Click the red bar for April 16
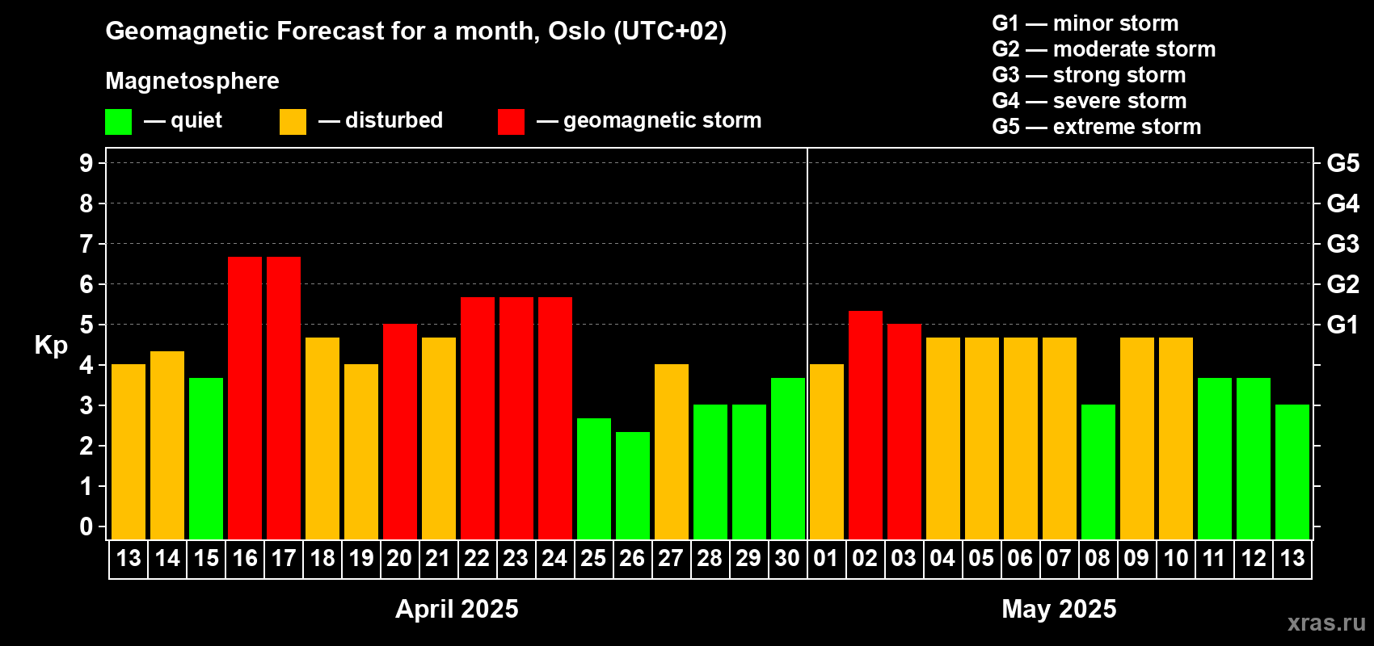[245, 398]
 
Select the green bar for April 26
[632, 485]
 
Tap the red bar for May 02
[866, 425]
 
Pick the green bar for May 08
[1098, 472]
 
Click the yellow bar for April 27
[672, 451]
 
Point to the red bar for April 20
[400, 431]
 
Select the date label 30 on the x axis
[787, 558]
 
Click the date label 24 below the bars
[554, 558]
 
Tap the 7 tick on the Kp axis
[86, 244]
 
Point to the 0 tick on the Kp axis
[86, 526]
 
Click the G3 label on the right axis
[1343, 244]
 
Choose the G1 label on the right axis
[1343, 325]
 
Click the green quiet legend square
[118, 121]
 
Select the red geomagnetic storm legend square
[512, 121]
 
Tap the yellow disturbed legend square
[293, 121]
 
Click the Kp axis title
[51, 346]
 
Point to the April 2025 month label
[457, 609]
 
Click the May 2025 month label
[1060, 609]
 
